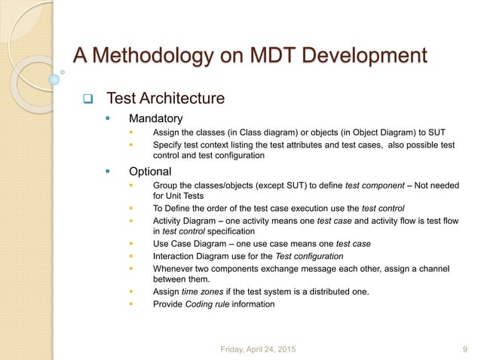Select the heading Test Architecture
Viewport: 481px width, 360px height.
pyautogui.click(x=165, y=99)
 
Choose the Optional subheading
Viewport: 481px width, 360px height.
pyautogui.click(x=150, y=171)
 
